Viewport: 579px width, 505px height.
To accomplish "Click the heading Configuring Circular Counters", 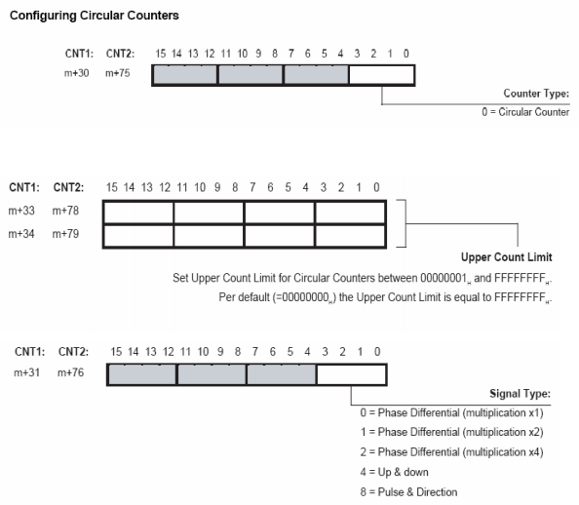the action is [x=95, y=16].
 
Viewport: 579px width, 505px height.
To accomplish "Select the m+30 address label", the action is [x=77, y=73].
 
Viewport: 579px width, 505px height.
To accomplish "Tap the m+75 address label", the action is [x=118, y=73].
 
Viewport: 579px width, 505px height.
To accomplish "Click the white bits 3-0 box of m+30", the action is [x=382, y=75].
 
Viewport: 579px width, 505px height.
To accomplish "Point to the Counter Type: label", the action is [x=536, y=94].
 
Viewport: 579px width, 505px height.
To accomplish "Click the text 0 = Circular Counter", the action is [x=525, y=112].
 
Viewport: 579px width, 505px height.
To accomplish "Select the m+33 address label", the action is [x=21, y=211].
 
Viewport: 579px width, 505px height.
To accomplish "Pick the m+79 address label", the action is [x=65, y=234].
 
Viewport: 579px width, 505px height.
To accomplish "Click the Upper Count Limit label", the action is [x=506, y=257].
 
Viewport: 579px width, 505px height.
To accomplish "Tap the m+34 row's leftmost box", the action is [x=138, y=236].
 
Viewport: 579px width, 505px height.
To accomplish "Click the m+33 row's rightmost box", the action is [x=351, y=213].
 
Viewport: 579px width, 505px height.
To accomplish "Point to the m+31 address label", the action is [x=27, y=372].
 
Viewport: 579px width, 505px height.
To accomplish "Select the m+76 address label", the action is [x=71, y=372].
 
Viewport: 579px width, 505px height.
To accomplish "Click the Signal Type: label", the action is [x=520, y=394].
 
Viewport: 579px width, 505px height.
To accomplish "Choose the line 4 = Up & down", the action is [x=395, y=472].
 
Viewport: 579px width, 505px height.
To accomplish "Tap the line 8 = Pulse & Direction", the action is [x=408, y=492].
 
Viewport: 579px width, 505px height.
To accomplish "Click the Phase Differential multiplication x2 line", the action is [x=451, y=432].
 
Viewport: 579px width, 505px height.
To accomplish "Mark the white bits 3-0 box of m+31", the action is [x=352, y=374].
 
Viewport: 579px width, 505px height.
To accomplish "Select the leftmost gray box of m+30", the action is [x=185, y=75].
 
